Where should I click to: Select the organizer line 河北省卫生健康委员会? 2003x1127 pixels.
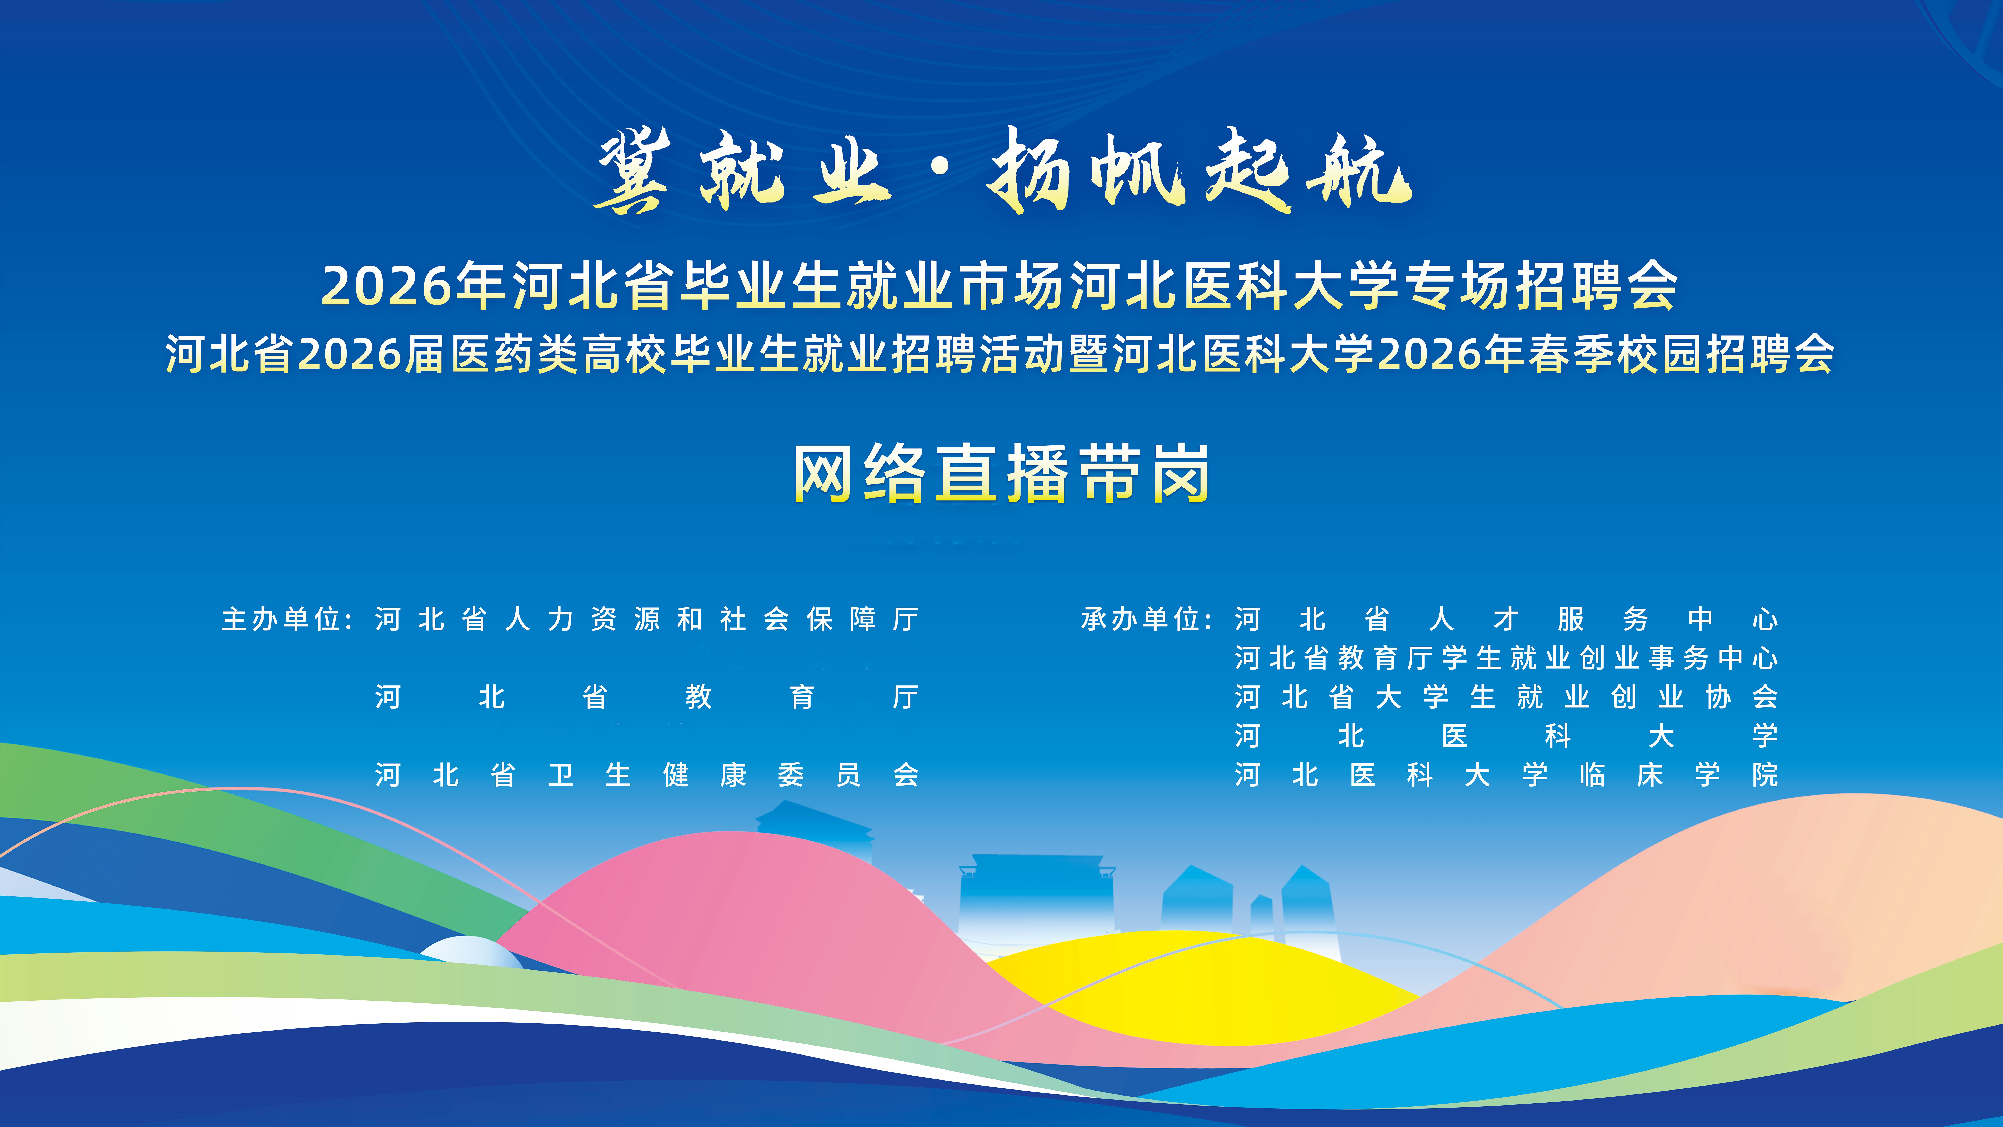647,775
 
